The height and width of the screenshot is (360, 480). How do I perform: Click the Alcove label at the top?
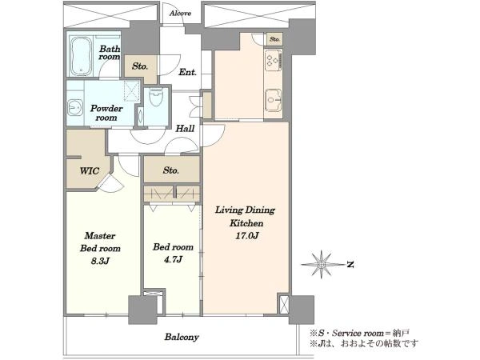(180, 13)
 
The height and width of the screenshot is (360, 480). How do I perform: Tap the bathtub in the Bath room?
(81, 56)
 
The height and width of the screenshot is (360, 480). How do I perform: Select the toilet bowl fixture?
(156, 97)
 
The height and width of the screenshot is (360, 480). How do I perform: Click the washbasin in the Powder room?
(74, 107)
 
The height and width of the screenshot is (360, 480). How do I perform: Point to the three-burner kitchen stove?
(273, 60)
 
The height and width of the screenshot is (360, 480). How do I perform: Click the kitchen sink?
(273, 100)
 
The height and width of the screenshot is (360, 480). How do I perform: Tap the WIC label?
(90, 171)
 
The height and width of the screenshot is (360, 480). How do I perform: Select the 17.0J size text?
(246, 236)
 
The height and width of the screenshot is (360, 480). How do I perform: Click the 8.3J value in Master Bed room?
(100, 261)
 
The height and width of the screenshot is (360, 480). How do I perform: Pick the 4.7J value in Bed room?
(173, 259)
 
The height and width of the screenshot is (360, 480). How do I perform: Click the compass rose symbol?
(322, 264)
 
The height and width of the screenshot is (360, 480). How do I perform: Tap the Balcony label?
(182, 337)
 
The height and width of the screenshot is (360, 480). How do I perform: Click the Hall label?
(185, 128)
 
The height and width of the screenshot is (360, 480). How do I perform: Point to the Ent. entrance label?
(187, 72)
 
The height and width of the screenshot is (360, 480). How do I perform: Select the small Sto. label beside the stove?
(274, 39)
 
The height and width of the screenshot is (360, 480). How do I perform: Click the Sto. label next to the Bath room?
(140, 66)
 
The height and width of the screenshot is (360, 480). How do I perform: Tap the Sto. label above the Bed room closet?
(171, 170)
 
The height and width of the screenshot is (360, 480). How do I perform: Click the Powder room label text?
(106, 113)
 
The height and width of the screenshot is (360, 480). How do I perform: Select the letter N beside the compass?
(350, 264)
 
